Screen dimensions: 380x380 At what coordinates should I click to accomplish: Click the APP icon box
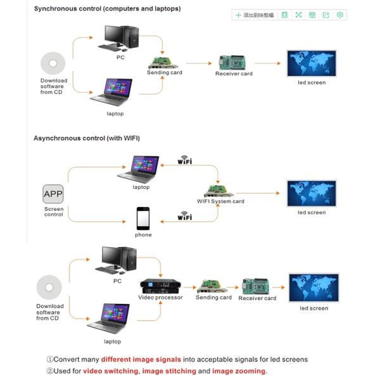[x=53, y=193]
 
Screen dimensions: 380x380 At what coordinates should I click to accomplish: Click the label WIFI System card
[x=220, y=201]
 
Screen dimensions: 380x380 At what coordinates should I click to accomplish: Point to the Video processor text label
[x=160, y=298]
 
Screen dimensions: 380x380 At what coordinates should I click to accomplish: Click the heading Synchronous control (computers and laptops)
[x=107, y=9]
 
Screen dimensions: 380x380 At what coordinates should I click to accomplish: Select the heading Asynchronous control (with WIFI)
[x=87, y=137]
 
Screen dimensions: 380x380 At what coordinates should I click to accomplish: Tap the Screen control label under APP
[x=54, y=212]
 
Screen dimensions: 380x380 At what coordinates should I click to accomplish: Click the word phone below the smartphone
[x=143, y=235]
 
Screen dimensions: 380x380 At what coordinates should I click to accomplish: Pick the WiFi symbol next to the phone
[x=184, y=216]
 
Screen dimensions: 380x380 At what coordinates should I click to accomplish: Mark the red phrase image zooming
[x=239, y=371]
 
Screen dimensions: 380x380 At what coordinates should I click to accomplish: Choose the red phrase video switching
[x=111, y=371]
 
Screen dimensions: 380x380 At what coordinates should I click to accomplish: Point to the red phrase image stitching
[x=169, y=371]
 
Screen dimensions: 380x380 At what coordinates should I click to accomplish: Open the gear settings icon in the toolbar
[x=340, y=15]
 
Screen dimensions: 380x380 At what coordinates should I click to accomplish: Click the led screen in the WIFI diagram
[x=312, y=193]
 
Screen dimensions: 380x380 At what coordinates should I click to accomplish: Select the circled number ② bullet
[x=50, y=371]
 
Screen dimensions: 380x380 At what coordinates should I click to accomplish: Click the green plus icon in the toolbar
[x=238, y=15]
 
